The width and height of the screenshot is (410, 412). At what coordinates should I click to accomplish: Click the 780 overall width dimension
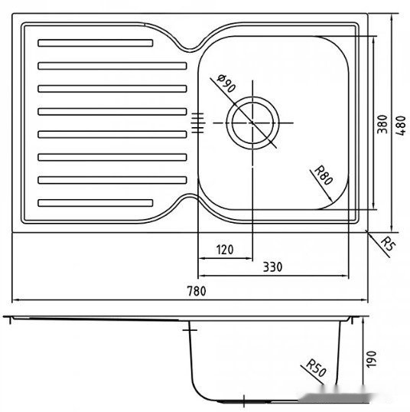[x=197, y=291]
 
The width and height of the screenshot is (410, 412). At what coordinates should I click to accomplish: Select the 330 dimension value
[x=273, y=266]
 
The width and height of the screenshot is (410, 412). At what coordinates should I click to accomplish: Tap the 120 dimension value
[x=224, y=249]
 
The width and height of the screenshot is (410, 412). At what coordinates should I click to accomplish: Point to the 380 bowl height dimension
[x=382, y=125]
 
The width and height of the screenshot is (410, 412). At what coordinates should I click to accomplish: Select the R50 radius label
[x=316, y=368]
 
